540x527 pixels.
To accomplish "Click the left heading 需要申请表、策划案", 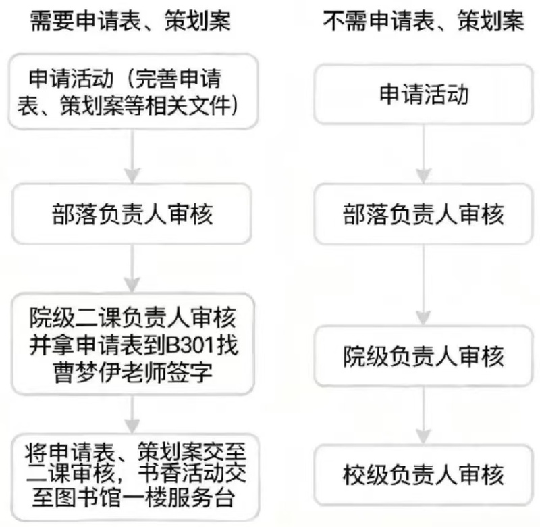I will pyautogui.click(x=131, y=22).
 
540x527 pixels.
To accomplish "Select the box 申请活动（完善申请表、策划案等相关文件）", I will pyautogui.click(x=133, y=92).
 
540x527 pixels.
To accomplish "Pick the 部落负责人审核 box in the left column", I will pyautogui.click(x=133, y=215).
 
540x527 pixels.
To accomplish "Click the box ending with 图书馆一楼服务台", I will pyautogui.click(x=133, y=475).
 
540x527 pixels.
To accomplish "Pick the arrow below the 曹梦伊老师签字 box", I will pyautogui.click(x=133, y=411).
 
